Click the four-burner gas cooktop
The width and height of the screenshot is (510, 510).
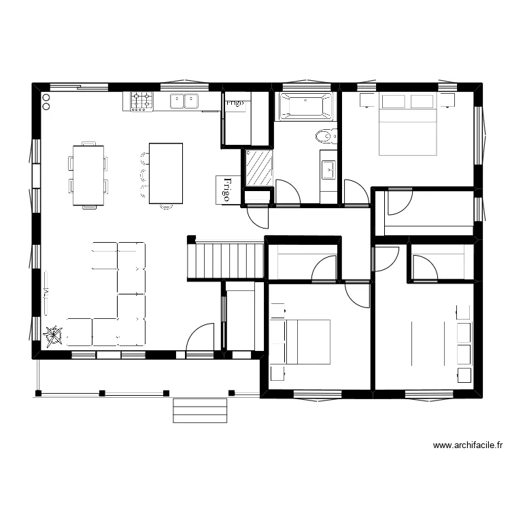(x=141, y=101)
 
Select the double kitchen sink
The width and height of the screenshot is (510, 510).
(x=184, y=101)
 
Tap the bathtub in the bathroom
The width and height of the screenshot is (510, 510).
(x=304, y=107)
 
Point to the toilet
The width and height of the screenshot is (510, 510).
(x=325, y=137)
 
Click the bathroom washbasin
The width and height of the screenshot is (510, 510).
(x=328, y=169)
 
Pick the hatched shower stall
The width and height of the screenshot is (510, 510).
(x=258, y=168)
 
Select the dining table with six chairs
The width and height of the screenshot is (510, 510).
(x=88, y=175)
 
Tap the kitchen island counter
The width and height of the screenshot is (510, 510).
(x=166, y=173)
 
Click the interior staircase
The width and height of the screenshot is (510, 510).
(x=226, y=260)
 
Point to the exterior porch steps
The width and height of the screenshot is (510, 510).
(x=200, y=410)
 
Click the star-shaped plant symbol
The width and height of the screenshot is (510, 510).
(x=53, y=335)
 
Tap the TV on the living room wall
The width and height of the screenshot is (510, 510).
(x=45, y=292)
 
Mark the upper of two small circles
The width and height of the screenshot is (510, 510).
(x=46, y=98)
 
